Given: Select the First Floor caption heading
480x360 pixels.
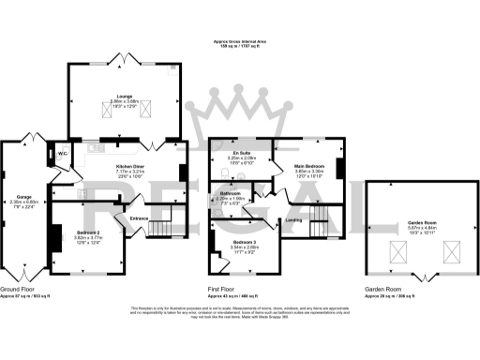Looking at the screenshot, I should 222,291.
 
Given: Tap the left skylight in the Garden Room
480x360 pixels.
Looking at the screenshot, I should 393,250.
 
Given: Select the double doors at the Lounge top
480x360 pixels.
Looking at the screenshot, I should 121,59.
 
